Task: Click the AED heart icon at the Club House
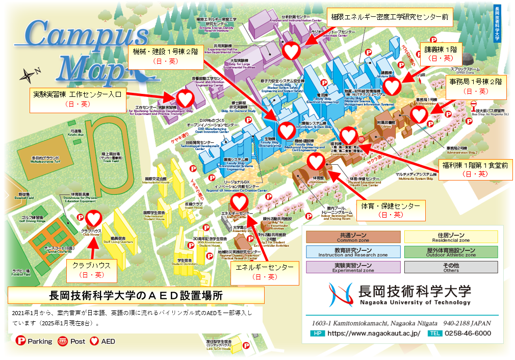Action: click(95, 219)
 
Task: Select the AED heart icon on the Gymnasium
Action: click(316, 162)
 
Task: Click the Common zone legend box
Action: click(353, 237)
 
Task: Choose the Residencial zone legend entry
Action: click(451, 237)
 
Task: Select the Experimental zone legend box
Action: click(353, 267)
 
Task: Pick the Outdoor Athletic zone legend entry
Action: click(451, 252)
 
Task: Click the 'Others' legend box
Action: click(451, 267)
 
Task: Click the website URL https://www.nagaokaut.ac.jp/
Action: click(373, 333)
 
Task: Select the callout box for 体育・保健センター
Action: click(390, 210)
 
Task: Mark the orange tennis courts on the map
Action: click(48, 240)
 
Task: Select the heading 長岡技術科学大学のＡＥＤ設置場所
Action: click(136, 295)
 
